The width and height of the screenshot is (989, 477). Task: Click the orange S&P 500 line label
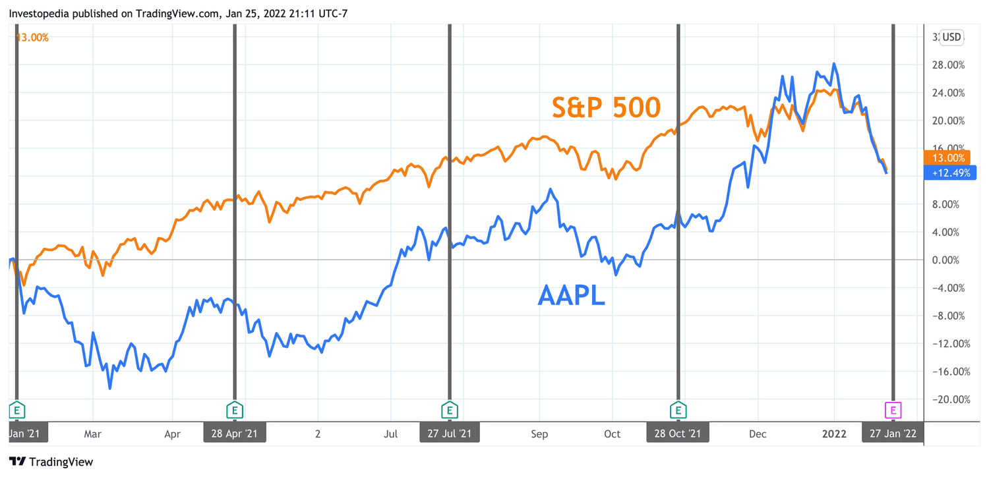[x=606, y=107]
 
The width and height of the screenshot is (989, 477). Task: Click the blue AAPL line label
[x=571, y=295]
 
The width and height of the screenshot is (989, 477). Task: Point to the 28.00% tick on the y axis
[x=947, y=65]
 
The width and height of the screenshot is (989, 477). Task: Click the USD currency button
[x=951, y=37]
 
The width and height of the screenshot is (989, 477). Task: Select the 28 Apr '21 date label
[x=235, y=433]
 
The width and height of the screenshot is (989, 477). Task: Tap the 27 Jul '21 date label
[x=450, y=433]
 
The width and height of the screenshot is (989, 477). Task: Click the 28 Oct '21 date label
[x=678, y=433]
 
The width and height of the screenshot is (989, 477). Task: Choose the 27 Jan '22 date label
[x=893, y=433]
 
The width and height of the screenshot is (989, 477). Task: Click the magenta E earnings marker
[x=893, y=410]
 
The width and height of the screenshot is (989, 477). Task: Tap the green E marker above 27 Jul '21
[x=450, y=410]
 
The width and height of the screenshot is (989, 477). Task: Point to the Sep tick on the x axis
[x=539, y=434]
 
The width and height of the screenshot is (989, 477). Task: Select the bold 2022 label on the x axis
[x=833, y=434]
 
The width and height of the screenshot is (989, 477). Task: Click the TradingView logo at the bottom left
[x=51, y=462]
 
